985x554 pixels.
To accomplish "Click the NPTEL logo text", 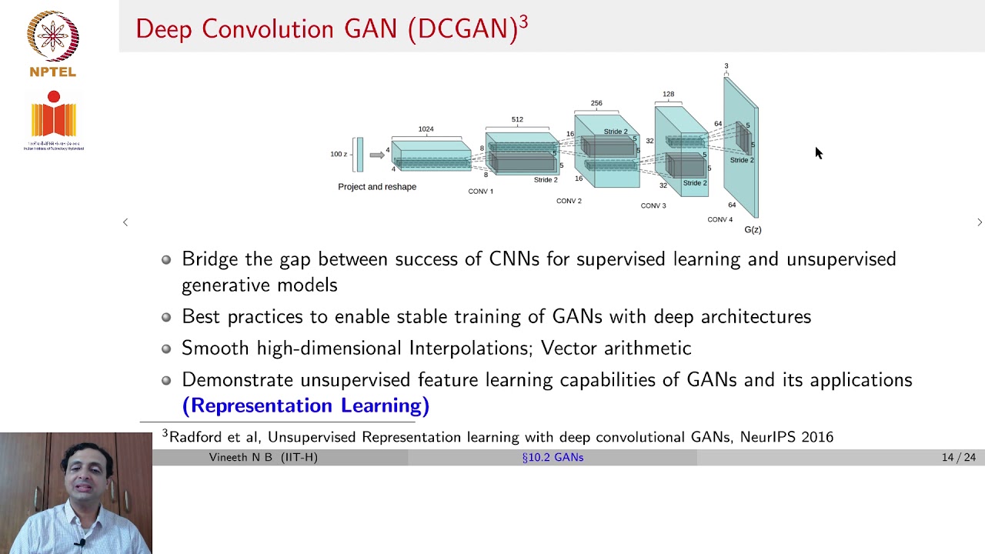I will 52,72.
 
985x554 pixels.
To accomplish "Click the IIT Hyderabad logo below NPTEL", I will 53,119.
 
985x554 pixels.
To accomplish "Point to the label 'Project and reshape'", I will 377,187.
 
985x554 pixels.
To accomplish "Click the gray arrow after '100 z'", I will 376,155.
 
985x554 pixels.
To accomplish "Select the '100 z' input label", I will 339,154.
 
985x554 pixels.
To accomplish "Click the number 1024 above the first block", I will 426,129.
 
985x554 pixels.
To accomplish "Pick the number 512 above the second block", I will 517,119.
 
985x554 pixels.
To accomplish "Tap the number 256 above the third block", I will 596,102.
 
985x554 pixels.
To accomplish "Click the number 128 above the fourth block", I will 668,94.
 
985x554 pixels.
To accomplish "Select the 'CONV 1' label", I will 480,192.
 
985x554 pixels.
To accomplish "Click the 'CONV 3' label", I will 653,205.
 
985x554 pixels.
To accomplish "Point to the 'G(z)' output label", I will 753,229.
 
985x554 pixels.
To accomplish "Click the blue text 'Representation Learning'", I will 306,405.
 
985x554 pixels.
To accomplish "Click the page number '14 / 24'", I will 958,457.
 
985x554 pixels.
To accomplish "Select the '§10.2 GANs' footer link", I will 553,457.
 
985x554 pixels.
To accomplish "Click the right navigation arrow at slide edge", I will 979,222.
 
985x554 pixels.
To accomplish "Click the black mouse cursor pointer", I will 818,153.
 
